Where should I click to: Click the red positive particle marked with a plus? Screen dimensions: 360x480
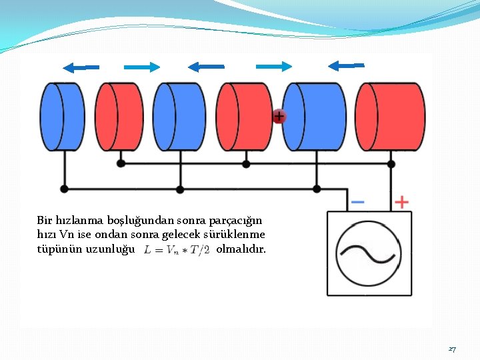(279, 116)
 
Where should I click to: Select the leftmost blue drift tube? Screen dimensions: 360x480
(61, 117)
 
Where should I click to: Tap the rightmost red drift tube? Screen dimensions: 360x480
(391, 117)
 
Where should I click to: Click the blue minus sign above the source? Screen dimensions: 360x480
(357, 201)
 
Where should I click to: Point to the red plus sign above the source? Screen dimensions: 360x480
(401, 201)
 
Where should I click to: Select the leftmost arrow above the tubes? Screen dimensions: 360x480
(81, 67)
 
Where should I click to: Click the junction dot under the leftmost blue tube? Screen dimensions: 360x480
(64, 189)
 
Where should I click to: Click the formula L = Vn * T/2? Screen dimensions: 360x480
(177, 250)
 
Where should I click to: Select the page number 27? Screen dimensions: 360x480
(452, 349)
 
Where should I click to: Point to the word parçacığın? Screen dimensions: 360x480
(237, 219)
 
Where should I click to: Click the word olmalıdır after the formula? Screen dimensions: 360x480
(241, 249)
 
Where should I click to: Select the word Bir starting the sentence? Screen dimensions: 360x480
(44, 219)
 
